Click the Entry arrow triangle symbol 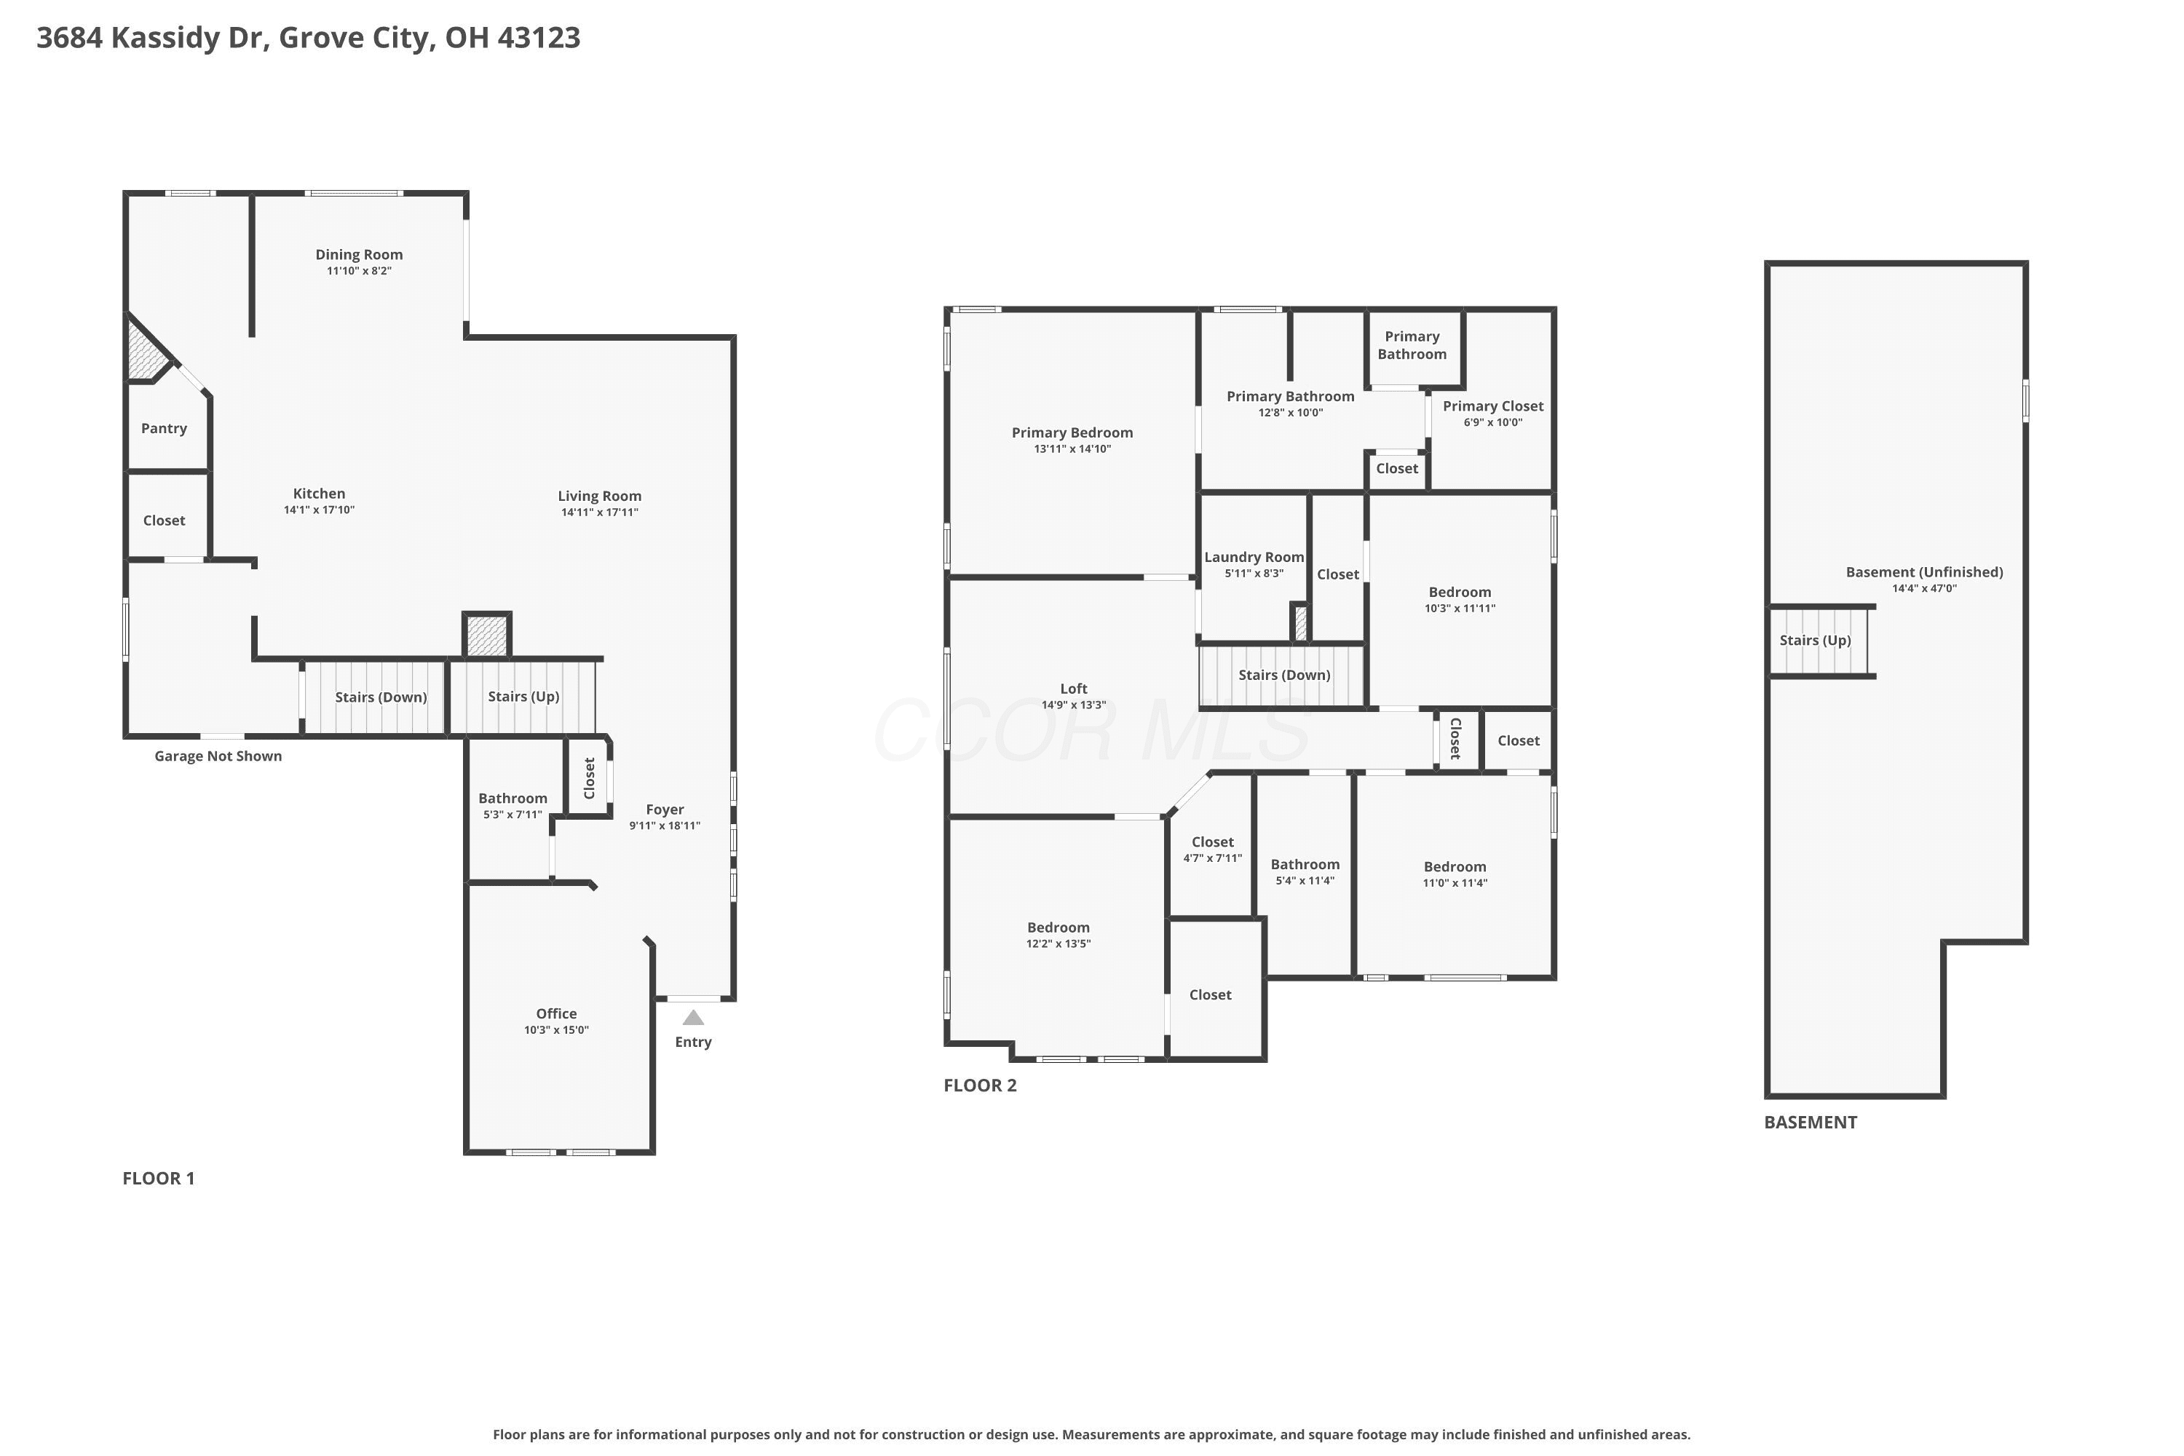point(693,1017)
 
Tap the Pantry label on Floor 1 point(165,428)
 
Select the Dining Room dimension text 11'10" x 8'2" point(360,271)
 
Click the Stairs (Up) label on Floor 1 point(523,697)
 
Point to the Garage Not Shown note point(218,756)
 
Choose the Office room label point(556,1013)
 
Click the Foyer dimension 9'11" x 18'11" point(665,826)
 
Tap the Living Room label point(600,496)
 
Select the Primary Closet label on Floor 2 point(1493,405)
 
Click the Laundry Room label point(1254,557)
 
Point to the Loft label point(1073,688)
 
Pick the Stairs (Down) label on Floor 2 point(1284,675)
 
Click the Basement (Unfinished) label point(1924,572)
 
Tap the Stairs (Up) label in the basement point(1816,641)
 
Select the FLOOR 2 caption point(980,1085)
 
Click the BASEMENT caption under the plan point(1811,1122)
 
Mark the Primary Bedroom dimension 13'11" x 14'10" point(1072,449)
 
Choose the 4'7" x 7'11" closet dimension point(1213,858)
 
